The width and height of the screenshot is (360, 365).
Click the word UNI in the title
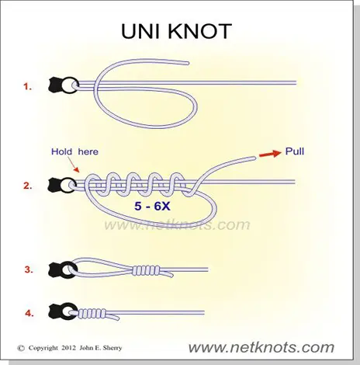click(142, 31)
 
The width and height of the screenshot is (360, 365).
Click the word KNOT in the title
click(201, 31)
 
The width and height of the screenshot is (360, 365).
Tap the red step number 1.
click(27, 86)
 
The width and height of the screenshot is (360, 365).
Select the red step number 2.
click(28, 186)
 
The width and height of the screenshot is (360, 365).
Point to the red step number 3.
click(29, 269)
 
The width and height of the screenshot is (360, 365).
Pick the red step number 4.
click(29, 314)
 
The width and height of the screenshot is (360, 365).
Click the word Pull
click(295, 151)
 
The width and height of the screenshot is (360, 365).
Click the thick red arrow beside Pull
click(270, 154)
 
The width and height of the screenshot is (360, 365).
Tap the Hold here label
click(74, 151)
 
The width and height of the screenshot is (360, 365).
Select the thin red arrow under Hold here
click(74, 165)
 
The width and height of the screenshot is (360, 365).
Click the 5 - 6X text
click(152, 206)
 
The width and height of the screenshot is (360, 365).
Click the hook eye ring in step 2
click(67, 185)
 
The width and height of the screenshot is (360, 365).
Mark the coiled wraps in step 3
click(146, 270)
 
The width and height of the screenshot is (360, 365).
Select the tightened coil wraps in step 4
click(92, 313)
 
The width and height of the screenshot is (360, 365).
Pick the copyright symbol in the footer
click(21, 348)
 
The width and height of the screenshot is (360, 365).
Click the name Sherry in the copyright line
click(112, 348)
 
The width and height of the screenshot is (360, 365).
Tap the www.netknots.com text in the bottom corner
click(261, 347)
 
